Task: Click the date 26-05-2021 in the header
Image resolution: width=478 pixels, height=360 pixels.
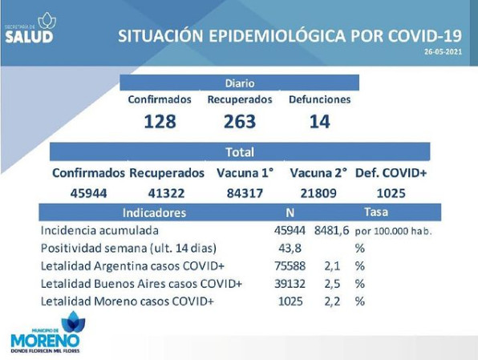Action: point(444,52)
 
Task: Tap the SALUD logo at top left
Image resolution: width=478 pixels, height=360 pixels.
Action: point(30,28)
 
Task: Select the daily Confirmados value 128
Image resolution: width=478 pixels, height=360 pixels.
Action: point(160,121)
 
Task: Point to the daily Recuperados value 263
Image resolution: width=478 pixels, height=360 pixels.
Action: point(240,121)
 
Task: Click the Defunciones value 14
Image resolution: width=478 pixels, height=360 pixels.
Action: point(320,121)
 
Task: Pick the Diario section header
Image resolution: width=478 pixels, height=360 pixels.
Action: point(240,83)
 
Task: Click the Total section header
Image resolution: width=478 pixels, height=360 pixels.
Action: point(240,152)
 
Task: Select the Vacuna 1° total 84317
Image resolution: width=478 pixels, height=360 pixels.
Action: point(245,193)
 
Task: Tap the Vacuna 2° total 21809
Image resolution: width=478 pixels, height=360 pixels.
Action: point(318,193)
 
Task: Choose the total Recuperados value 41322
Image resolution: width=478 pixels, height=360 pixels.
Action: point(167,193)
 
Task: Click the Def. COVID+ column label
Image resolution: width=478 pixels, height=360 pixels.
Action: point(391,173)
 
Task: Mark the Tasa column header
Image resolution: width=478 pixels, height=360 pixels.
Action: point(376,212)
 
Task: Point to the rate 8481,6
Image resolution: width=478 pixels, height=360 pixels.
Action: point(332,230)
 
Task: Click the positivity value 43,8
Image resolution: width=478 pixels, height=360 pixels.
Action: point(290,248)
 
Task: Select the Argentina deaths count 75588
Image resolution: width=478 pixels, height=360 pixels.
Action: point(290,266)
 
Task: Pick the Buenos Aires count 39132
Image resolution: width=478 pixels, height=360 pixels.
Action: point(290,284)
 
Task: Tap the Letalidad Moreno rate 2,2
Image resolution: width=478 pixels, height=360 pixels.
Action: point(332,301)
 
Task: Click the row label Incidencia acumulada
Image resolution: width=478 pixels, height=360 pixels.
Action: point(99,230)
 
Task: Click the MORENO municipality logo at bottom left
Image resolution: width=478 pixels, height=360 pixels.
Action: point(46,332)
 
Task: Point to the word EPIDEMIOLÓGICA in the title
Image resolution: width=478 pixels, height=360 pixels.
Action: point(277,35)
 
